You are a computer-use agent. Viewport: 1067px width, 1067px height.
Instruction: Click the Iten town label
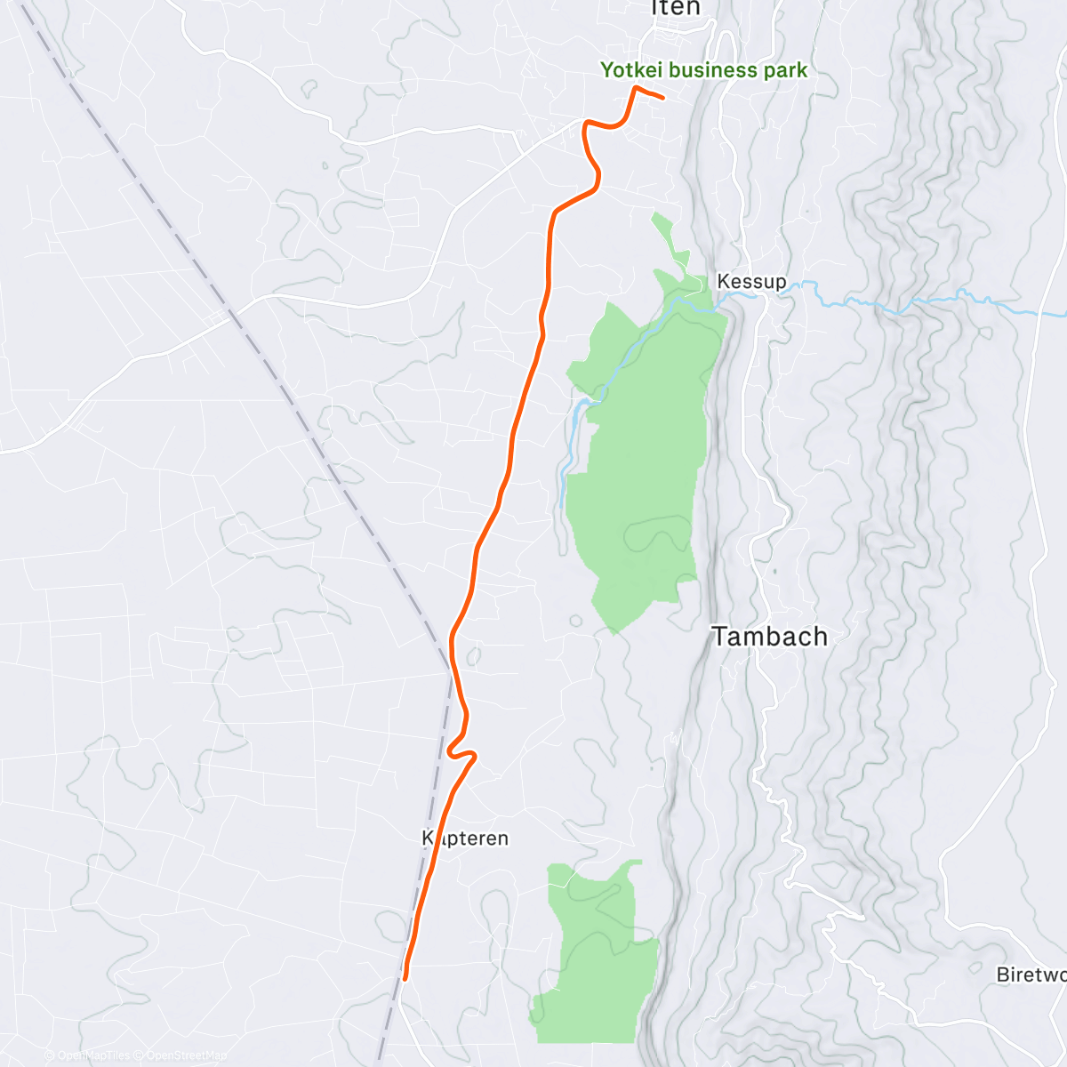[x=676, y=8]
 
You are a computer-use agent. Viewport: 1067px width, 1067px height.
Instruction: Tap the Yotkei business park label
[x=703, y=70]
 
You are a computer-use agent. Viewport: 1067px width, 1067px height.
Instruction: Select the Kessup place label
[x=751, y=282]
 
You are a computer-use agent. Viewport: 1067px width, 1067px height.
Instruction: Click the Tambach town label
[x=770, y=637]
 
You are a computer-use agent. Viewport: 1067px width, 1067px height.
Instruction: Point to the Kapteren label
[x=465, y=838]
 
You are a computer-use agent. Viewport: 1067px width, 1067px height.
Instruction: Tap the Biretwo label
[x=1031, y=975]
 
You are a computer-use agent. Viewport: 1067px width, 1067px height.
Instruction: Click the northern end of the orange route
[x=662, y=96]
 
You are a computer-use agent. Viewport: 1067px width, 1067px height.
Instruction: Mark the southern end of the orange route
[x=405, y=978]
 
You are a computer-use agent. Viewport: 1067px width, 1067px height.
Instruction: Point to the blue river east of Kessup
[x=889, y=307]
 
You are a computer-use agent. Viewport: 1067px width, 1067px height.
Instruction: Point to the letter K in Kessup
[x=723, y=282]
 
